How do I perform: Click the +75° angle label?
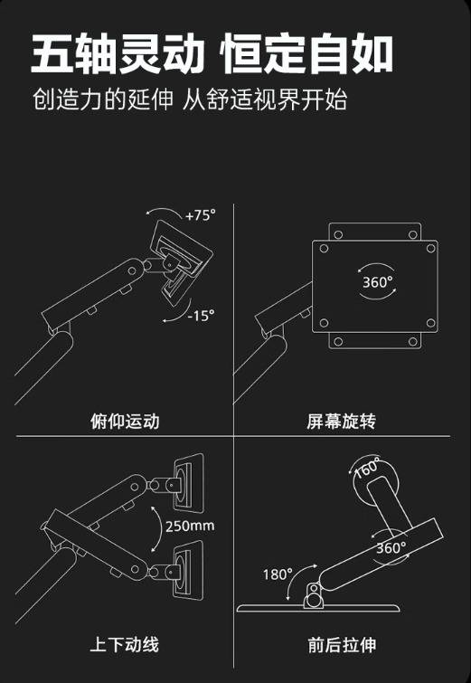click(x=200, y=215)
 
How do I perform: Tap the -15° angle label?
click(x=201, y=315)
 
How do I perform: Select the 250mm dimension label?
click(x=190, y=526)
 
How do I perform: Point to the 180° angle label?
click(x=278, y=574)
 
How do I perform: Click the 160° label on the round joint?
click(x=368, y=468)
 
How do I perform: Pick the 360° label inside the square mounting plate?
click(x=377, y=282)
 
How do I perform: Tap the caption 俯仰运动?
click(x=125, y=422)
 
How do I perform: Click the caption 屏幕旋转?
click(x=341, y=422)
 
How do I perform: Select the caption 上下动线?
click(x=125, y=645)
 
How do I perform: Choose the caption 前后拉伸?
click(x=342, y=645)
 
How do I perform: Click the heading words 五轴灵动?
click(x=118, y=54)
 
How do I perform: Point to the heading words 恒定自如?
click(x=307, y=54)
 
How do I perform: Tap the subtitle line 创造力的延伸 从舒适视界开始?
click(x=190, y=100)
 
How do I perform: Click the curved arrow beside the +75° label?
click(x=165, y=210)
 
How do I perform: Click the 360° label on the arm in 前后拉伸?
click(x=391, y=548)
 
